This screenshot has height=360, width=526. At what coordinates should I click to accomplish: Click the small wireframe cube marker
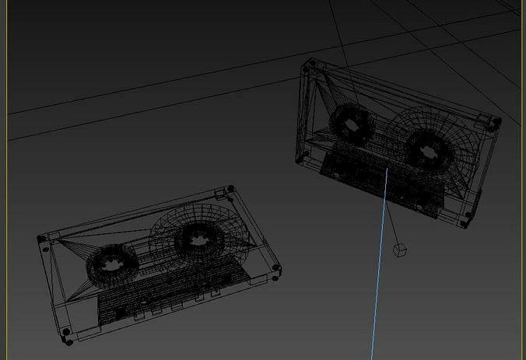[400, 250]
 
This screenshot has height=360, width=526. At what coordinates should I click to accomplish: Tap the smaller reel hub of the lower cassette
[111, 264]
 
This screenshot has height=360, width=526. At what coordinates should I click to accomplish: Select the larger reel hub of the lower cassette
[195, 239]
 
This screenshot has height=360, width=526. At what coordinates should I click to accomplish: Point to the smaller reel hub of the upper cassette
[351, 124]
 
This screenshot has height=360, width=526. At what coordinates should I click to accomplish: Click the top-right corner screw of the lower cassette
[230, 189]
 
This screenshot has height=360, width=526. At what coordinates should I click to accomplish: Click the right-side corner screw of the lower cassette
[276, 269]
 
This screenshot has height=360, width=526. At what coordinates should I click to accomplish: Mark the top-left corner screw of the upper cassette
[312, 65]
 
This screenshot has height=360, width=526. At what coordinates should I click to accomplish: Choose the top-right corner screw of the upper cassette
[493, 121]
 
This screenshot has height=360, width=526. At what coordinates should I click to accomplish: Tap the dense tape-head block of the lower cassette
[167, 292]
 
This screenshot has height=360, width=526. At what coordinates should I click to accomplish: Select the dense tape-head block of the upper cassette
[373, 177]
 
